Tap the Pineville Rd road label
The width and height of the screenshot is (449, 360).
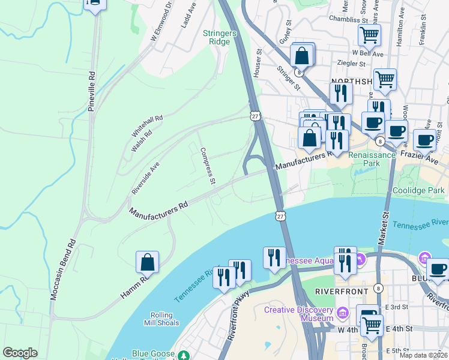pyautogui.click(x=91, y=92)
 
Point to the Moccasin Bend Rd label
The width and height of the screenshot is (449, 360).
pyautogui.click(x=64, y=270)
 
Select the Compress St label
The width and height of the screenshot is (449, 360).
pyautogui.click(x=207, y=165)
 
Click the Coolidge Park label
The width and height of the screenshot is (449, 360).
pyautogui.click(x=418, y=191)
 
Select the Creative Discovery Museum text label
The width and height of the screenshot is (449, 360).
pyautogui.click(x=299, y=314)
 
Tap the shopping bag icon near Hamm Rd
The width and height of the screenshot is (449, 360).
pyautogui.click(x=147, y=263)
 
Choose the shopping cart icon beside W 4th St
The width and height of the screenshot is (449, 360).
pyautogui.click(x=372, y=325)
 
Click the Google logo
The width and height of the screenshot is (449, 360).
pyautogui.click(x=20, y=353)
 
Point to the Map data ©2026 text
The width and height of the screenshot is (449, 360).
pyautogui.click(x=423, y=355)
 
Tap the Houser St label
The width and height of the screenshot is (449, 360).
pyautogui.click(x=260, y=60)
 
